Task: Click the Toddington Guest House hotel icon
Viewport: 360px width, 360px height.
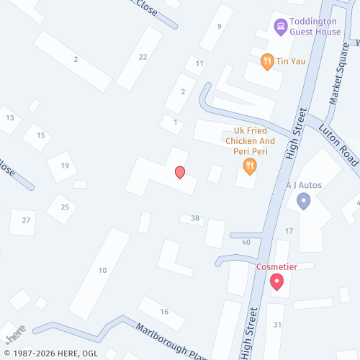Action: (x=281, y=27)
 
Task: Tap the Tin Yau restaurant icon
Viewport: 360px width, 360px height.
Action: (x=267, y=61)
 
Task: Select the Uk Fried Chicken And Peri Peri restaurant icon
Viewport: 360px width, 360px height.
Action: (x=250, y=167)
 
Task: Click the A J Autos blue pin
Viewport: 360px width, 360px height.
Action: (x=304, y=201)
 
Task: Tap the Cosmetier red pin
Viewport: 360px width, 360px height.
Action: (x=276, y=282)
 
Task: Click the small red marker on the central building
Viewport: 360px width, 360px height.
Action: (x=180, y=172)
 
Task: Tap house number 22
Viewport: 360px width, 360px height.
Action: (x=143, y=57)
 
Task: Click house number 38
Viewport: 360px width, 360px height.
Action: (x=195, y=217)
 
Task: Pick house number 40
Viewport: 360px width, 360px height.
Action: (x=246, y=242)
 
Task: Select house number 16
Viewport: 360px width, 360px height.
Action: (x=164, y=311)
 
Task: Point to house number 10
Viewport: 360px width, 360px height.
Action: (x=103, y=270)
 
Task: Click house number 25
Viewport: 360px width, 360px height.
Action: (x=65, y=207)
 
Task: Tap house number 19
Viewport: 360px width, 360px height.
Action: (x=65, y=166)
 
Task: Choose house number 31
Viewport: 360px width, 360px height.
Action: (x=277, y=325)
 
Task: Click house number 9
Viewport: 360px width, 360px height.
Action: (x=220, y=26)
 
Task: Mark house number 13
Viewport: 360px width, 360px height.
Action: (x=10, y=117)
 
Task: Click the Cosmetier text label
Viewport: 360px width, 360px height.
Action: (x=276, y=266)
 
